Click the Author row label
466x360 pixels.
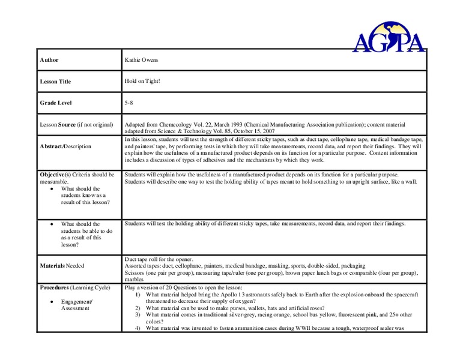click(49, 61)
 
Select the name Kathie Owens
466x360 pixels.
click(142, 61)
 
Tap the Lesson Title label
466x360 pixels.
click(55, 82)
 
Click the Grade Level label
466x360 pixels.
click(56, 103)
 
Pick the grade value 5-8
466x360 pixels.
click(129, 103)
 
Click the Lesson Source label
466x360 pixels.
click(76, 125)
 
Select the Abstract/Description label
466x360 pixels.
click(65, 146)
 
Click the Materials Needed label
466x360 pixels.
click(62, 265)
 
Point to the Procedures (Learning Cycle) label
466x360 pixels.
click(75, 287)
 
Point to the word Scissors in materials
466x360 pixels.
click(135, 272)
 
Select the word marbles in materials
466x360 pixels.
click(135, 279)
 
